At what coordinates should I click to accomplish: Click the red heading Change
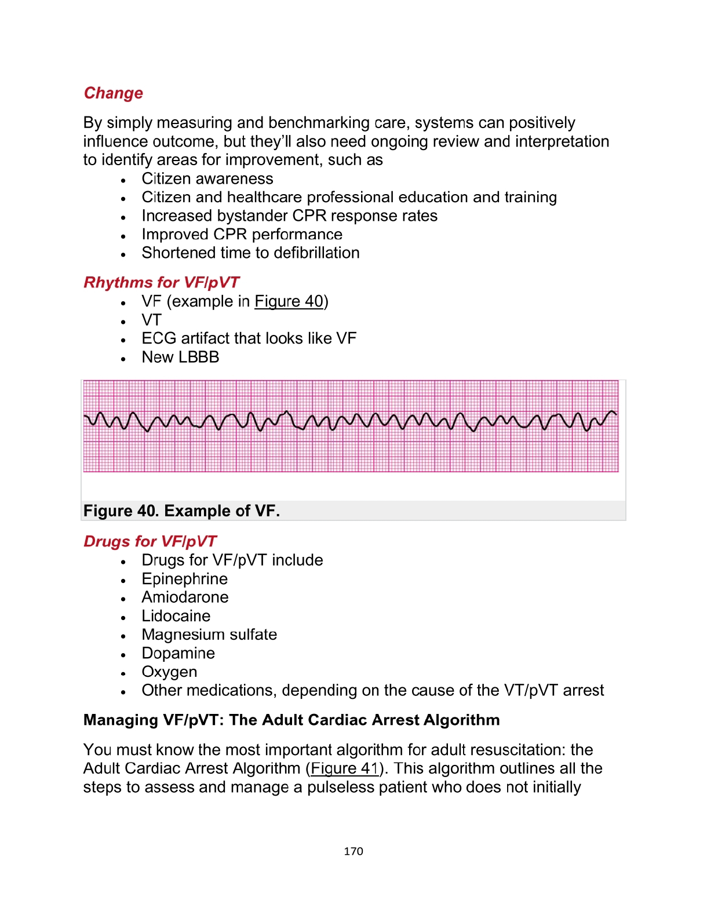[114, 93]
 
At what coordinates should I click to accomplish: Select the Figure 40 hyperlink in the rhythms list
[289, 302]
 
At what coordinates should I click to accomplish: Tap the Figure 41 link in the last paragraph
[344, 769]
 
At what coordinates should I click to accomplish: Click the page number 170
[353, 851]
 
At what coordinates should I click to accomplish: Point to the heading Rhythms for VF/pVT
[161, 283]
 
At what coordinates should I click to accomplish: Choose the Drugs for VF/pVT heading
[150, 542]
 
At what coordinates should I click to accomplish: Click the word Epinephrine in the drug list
[184, 579]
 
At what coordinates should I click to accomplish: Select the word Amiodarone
[185, 597]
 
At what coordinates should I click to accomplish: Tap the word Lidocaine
[176, 616]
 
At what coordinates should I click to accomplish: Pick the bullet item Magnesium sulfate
[209, 635]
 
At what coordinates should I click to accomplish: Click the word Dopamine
[178, 654]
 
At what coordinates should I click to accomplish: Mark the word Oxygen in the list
[169, 672]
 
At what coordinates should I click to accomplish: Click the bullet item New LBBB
[180, 358]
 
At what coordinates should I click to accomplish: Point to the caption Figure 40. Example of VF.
[181, 511]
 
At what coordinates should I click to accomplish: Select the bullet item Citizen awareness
[207, 179]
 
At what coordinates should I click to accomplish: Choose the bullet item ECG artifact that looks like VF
[249, 338]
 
